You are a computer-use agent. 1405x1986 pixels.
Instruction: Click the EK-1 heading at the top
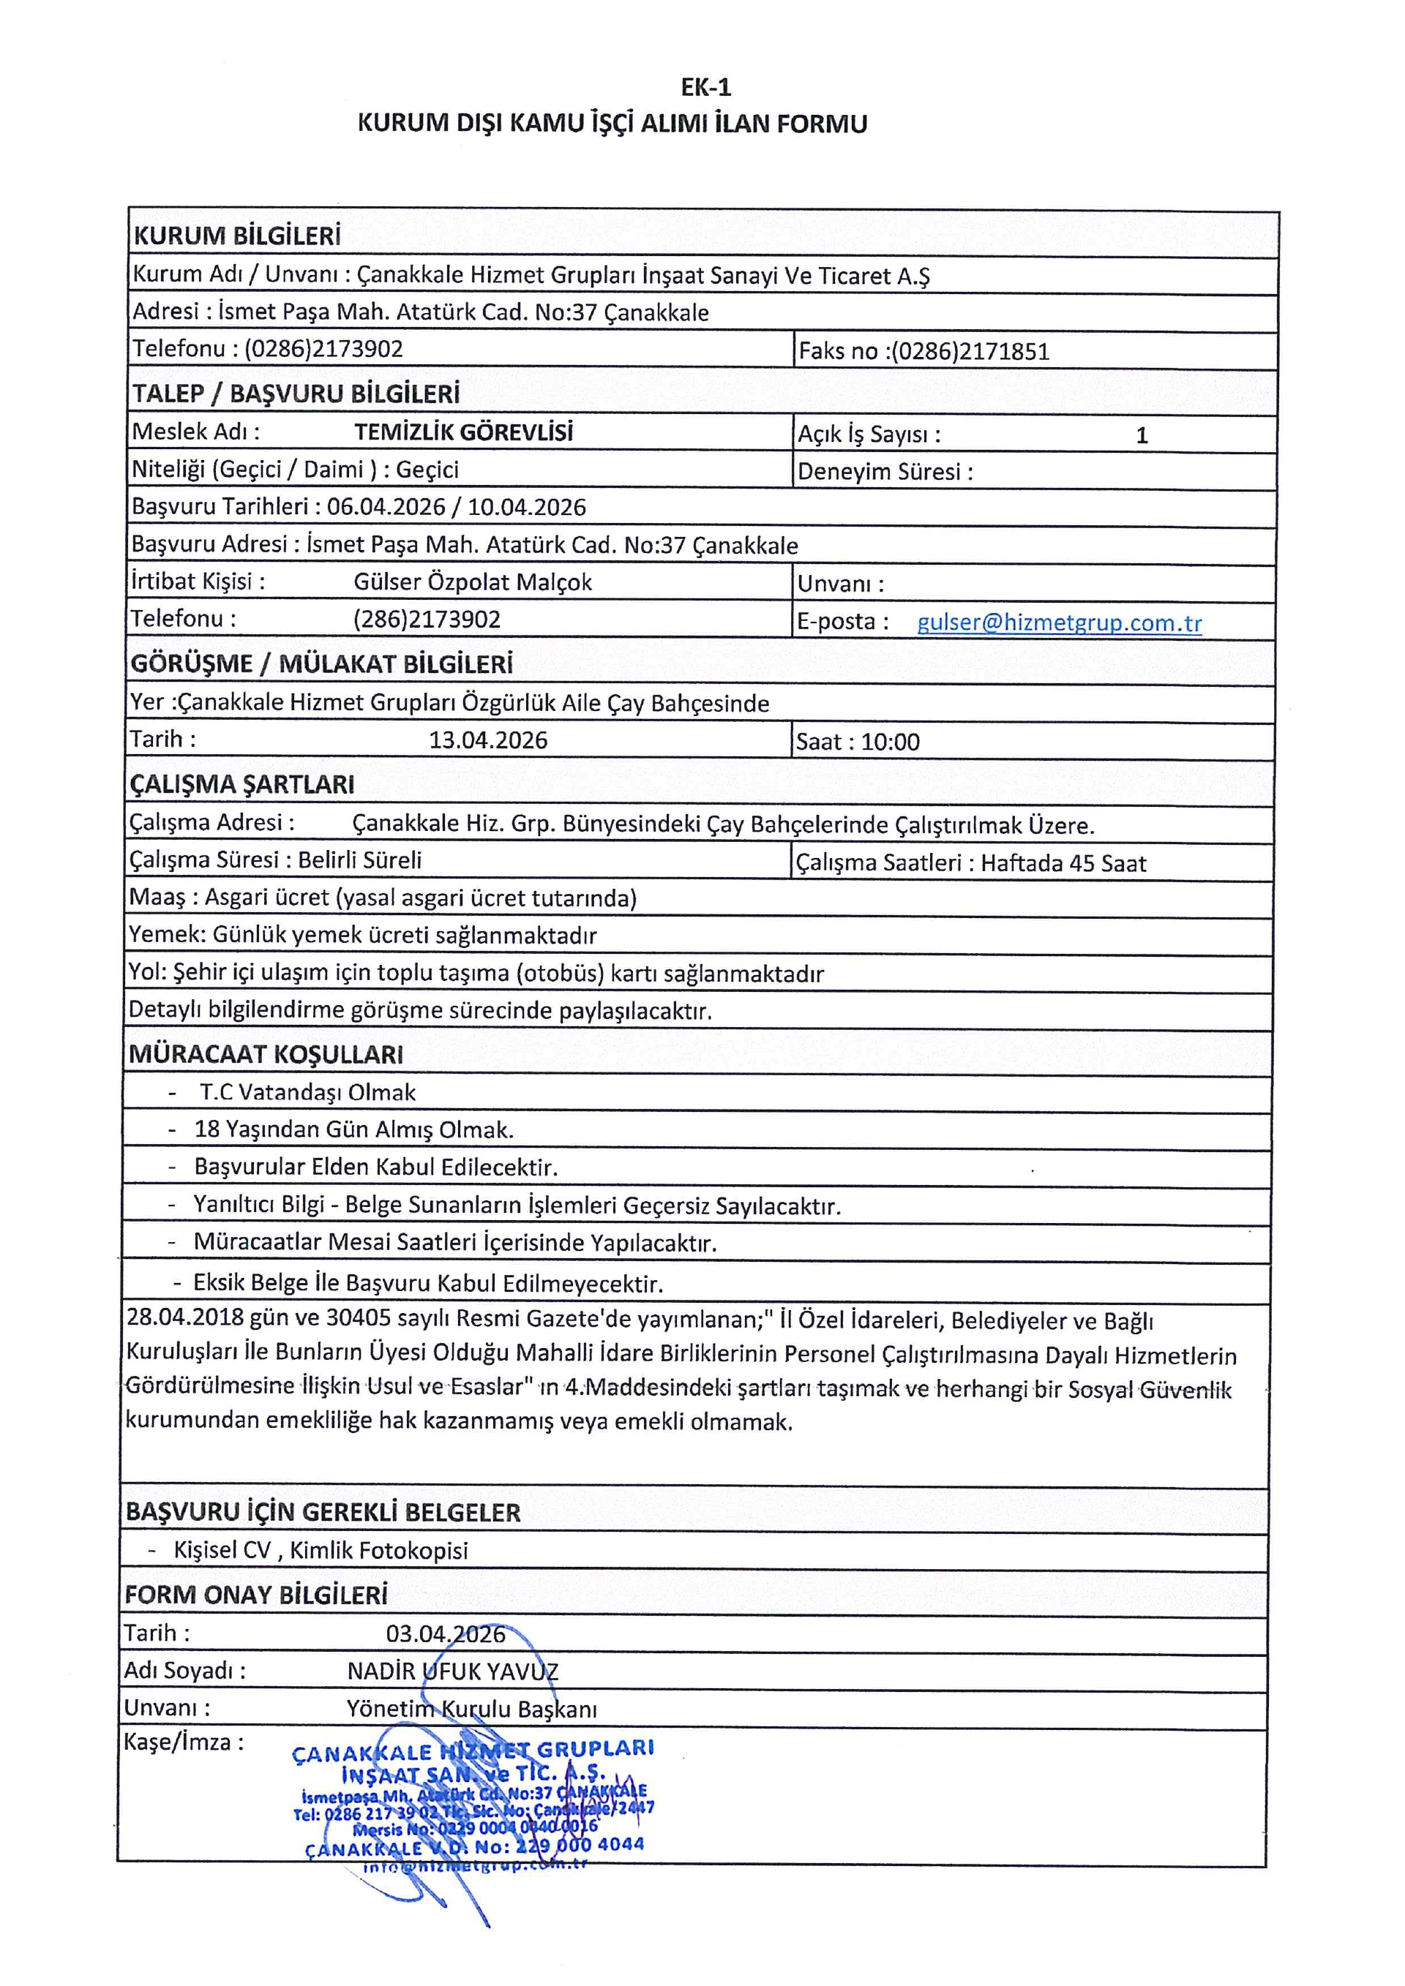[x=706, y=87]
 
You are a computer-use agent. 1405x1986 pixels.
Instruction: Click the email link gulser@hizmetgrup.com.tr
[x=1059, y=622]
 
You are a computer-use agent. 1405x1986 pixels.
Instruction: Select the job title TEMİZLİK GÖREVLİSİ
[x=464, y=432]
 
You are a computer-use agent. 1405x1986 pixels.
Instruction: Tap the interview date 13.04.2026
[x=488, y=740]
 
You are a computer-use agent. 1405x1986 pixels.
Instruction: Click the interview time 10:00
[x=891, y=742]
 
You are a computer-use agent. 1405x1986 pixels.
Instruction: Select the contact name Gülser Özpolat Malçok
[x=473, y=582]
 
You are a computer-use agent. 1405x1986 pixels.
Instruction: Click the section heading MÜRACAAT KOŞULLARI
[x=266, y=1054]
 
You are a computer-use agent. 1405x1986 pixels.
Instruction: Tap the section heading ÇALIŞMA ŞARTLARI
[x=241, y=785]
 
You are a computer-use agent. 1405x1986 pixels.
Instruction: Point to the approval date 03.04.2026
[x=446, y=1634]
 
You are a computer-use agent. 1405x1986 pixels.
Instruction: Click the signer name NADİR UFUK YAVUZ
[x=452, y=1671]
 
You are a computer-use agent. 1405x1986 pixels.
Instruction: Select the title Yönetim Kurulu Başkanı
[x=471, y=1709]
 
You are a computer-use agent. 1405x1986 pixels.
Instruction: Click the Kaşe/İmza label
[x=184, y=1742]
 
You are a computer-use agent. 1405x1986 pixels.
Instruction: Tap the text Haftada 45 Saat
[x=1063, y=863]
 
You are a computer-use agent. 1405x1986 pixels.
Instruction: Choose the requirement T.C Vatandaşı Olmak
[x=307, y=1092]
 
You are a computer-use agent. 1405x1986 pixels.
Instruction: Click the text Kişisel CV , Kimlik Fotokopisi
[x=320, y=1550]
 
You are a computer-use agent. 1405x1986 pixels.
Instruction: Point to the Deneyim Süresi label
[x=884, y=473]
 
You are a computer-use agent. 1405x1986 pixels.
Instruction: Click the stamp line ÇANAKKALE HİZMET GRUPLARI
[x=473, y=1750]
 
